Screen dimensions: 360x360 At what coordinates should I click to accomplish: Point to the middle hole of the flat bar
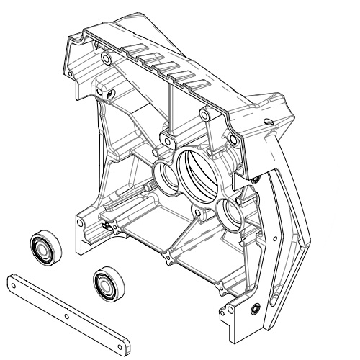(x=66, y=315)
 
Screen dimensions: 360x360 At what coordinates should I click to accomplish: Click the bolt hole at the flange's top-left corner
(x=107, y=55)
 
